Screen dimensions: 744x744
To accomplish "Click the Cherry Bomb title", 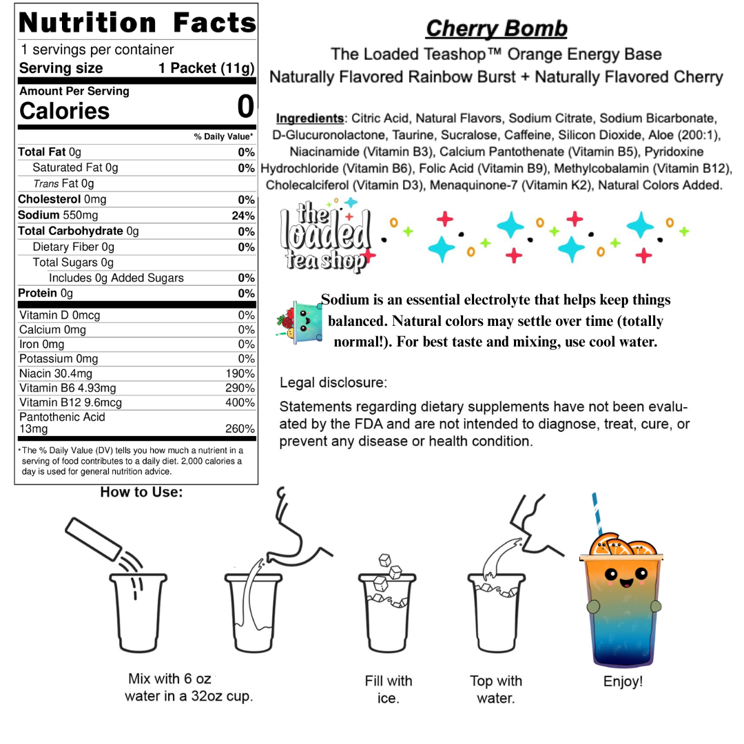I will coord(496,29).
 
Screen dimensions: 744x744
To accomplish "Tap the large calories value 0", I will coord(245,108).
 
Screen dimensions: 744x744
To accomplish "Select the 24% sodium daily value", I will coord(244,216).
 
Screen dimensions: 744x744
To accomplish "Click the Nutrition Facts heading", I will coord(137,23).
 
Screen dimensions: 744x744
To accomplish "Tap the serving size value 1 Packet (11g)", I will coord(206,68).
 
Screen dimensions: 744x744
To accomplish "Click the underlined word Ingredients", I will coord(309,118).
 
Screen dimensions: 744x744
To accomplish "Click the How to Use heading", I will coord(141,492).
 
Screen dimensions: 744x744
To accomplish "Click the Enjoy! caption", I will coord(622,681).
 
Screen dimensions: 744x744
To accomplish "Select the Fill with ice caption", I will coord(389,690).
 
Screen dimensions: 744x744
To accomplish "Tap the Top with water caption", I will coord(496,690).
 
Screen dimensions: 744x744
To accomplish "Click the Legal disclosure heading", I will coord(333,382).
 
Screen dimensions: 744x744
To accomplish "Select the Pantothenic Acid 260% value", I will coord(240,428).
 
